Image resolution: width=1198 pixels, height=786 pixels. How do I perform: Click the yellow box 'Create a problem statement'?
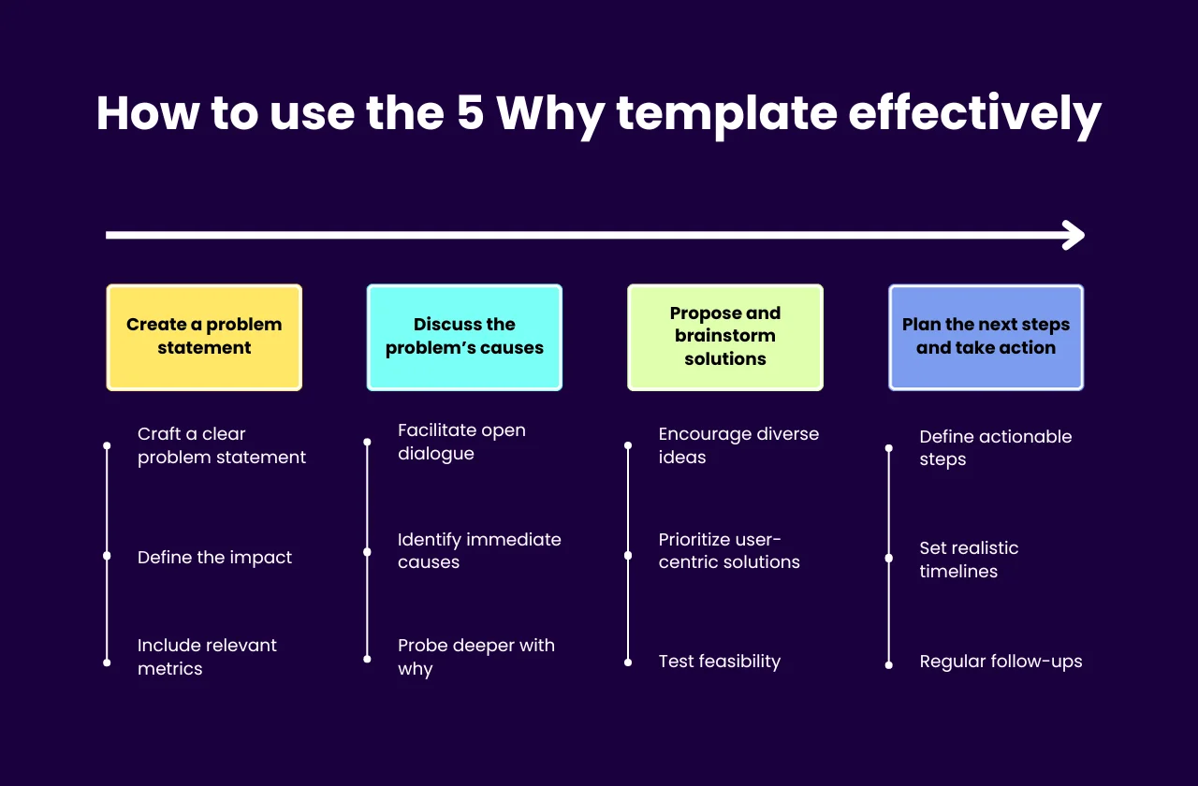tap(204, 337)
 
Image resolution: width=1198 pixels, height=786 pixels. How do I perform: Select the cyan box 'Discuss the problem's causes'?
tap(464, 337)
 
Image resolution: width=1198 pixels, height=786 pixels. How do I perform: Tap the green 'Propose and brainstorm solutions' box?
tap(725, 337)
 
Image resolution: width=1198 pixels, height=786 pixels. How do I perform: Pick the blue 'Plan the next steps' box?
tap(986, 337)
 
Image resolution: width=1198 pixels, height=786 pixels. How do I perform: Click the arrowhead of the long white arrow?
tap(1074, 235)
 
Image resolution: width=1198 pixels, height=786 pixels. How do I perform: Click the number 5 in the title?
tap(470, 113)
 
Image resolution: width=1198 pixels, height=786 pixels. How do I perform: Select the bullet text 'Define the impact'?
tap(214, 558)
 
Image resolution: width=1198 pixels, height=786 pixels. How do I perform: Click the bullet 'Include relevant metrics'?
tap(207, 657)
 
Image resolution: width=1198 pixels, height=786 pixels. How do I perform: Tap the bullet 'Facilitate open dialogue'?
tap(461, 442)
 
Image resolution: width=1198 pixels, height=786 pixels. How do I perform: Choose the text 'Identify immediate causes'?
tap(479, 551)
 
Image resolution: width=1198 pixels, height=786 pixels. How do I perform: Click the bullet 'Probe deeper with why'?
tap(475, 657)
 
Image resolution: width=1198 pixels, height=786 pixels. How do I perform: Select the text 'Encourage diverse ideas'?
tap(738, 445)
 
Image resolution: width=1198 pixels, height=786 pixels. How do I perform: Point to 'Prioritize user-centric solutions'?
tap(729, 551)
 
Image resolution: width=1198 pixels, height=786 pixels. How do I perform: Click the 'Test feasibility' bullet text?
tap(719, 662)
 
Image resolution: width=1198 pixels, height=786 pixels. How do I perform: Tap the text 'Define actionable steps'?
tap(995, 447)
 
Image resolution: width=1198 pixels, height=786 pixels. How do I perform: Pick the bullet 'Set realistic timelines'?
tap(969, 560)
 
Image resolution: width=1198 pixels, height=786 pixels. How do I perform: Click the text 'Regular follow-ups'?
tap(1001, 662)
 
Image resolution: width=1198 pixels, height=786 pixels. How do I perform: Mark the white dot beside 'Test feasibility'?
tap(628, 662)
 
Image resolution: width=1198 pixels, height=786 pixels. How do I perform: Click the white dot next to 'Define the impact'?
tap(107, 556)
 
